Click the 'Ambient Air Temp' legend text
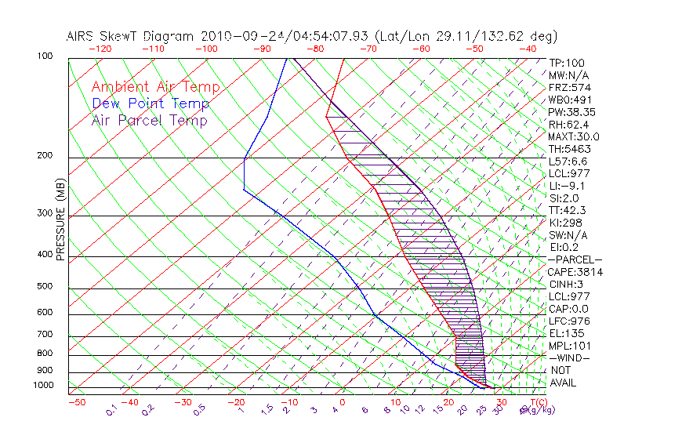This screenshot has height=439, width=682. click(x=155, y=87)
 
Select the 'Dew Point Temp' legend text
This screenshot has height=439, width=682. click(x=151, y=103)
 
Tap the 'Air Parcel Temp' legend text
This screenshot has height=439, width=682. click(x=149, y=120)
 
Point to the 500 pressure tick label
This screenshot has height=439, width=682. click(x=45, y=287)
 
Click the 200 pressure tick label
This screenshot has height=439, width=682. click(x=45, y=156)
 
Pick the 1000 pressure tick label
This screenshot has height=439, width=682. click(x=43, y=386)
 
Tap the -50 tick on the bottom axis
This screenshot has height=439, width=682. click(x=76, y=402)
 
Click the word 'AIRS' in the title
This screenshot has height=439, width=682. click(x=82, y=36)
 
